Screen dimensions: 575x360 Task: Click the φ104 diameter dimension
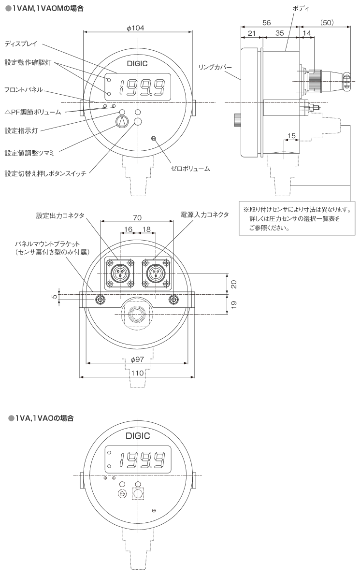point(138,28)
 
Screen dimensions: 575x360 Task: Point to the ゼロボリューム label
point(190,169)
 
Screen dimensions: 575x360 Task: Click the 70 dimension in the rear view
point(137,217)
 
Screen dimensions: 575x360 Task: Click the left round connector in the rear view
point(119,274)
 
